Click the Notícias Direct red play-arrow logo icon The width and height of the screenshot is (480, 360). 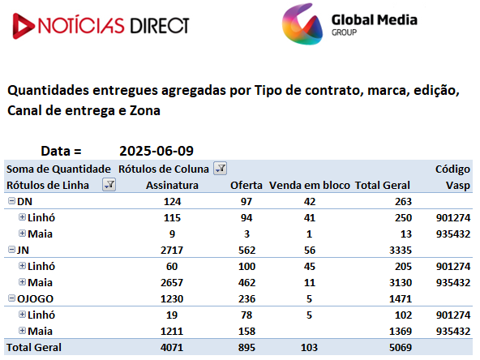pos(23,26)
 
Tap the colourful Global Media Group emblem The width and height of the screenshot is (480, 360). pos(302,24)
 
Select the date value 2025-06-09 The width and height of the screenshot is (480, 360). pos(156,151)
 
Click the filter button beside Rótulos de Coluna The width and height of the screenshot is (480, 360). pos(220,169)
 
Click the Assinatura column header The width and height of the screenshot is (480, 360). pos(172,185)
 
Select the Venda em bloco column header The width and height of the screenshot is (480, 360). pos(310,185)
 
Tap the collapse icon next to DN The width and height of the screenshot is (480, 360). pos(11,201)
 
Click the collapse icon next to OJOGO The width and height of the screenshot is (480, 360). pos(11,298)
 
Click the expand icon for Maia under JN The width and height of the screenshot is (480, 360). pos(22,282)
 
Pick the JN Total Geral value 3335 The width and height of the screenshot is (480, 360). pos(401,250)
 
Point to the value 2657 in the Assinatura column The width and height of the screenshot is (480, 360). pos(172,282)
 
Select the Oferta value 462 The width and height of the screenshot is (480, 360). pos(246,282)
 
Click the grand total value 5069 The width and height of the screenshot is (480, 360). pos(401,348)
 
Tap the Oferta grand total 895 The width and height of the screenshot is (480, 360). pos(246,348)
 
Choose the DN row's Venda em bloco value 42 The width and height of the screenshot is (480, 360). pos(310,201)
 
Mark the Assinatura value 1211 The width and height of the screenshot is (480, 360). pos(172,332)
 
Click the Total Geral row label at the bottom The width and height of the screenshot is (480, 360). pos(34,348)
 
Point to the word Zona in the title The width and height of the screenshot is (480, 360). pos(145,110)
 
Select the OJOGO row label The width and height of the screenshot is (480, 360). pos(35,298)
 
